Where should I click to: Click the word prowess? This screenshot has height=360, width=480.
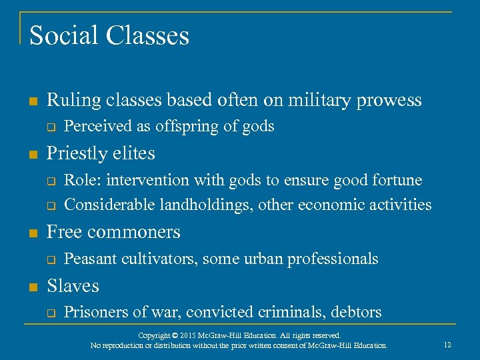390,100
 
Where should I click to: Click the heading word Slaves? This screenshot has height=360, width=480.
73,286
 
